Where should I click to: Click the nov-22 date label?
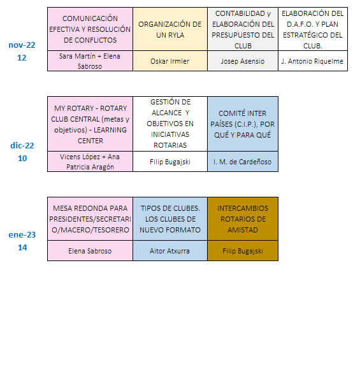22,45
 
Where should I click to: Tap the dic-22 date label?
22,145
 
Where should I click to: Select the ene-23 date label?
22,234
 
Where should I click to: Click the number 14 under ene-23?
22,247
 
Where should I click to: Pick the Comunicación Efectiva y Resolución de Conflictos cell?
90,29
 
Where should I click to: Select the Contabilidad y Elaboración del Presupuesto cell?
243,29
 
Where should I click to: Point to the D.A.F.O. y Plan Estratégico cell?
313,29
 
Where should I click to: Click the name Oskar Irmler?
170,61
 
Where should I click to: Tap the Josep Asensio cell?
243,61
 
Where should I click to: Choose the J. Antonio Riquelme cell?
313,61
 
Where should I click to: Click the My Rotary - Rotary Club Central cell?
90,124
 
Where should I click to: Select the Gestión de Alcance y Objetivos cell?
170,124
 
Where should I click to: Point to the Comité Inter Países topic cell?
243,124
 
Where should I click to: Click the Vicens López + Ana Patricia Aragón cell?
90,162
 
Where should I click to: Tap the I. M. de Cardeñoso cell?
243,162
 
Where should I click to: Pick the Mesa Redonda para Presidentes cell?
90,219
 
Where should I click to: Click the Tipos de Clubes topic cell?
170,219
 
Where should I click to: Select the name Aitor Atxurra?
169,251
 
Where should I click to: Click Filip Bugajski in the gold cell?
243,252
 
